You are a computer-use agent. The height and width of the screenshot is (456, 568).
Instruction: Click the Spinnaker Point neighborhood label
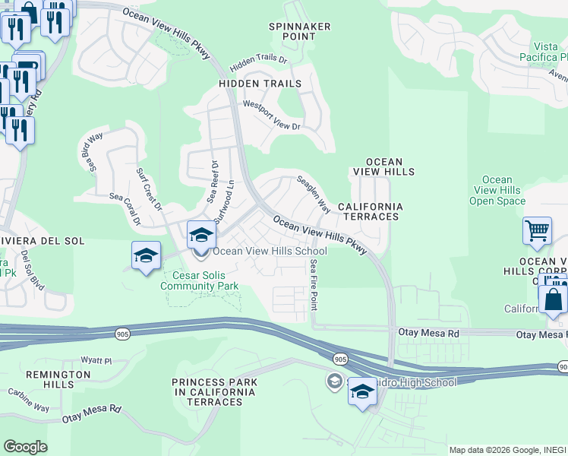pyautogui.click(x=300, y=31)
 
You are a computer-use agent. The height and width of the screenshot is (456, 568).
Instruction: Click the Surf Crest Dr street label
pyautogui.click(x=149, y=188)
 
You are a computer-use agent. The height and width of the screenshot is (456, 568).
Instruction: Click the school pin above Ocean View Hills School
pyautogui.click(x=201, y=236)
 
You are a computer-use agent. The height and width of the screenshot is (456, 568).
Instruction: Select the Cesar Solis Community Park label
pyautogui.click(x=200, y=281)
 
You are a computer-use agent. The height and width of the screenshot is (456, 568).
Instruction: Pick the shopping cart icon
pyautogui.click(x=537, y=230)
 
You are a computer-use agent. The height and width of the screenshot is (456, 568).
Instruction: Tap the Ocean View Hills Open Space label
pyautogui.click(x=497, y=190)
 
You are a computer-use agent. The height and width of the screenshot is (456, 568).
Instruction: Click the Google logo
pyautogui.click(x=25, y=446)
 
